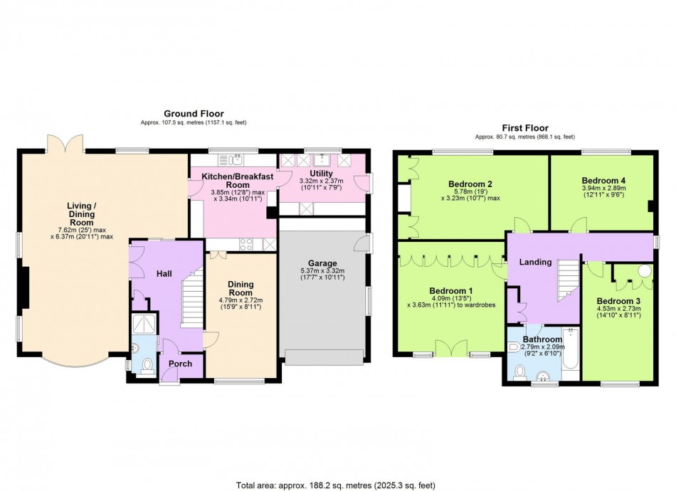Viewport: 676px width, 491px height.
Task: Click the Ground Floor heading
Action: pos(194,113)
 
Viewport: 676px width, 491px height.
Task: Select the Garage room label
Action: pos(323,263)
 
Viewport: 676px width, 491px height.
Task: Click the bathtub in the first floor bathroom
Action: pos(571,349)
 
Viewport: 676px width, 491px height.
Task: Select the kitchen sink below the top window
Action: pos(231,159)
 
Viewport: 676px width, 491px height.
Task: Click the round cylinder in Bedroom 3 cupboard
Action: pos(645,271)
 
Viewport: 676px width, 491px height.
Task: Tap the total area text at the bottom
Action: pos(338,485)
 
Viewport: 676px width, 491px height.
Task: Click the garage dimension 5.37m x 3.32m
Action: pos(323,274)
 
